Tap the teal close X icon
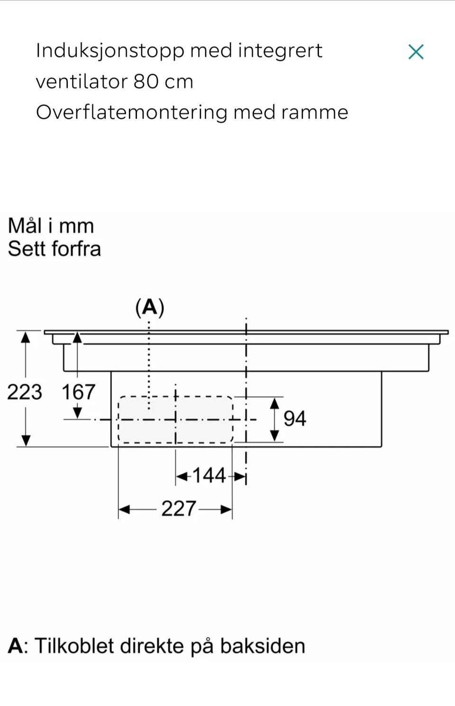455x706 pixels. pos(416,52)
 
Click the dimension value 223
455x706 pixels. pos(25,392)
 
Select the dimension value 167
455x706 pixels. pos(78,392)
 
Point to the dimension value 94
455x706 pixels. pos(295,419)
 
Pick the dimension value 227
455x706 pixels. pos(179,508)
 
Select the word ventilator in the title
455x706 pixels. pos(82,82)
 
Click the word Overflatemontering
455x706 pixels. pos(132,113)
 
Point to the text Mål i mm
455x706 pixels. pos(51,226)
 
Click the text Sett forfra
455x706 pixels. pos(55,249)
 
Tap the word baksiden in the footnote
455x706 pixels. pos(263,646)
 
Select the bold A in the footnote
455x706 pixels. pos(15,646)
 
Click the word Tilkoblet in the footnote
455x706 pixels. pos(74,646)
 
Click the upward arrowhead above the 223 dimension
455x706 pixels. pos(26,337)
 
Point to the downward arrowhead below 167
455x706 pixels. pos(78,413)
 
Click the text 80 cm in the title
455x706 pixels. pos(163,82)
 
